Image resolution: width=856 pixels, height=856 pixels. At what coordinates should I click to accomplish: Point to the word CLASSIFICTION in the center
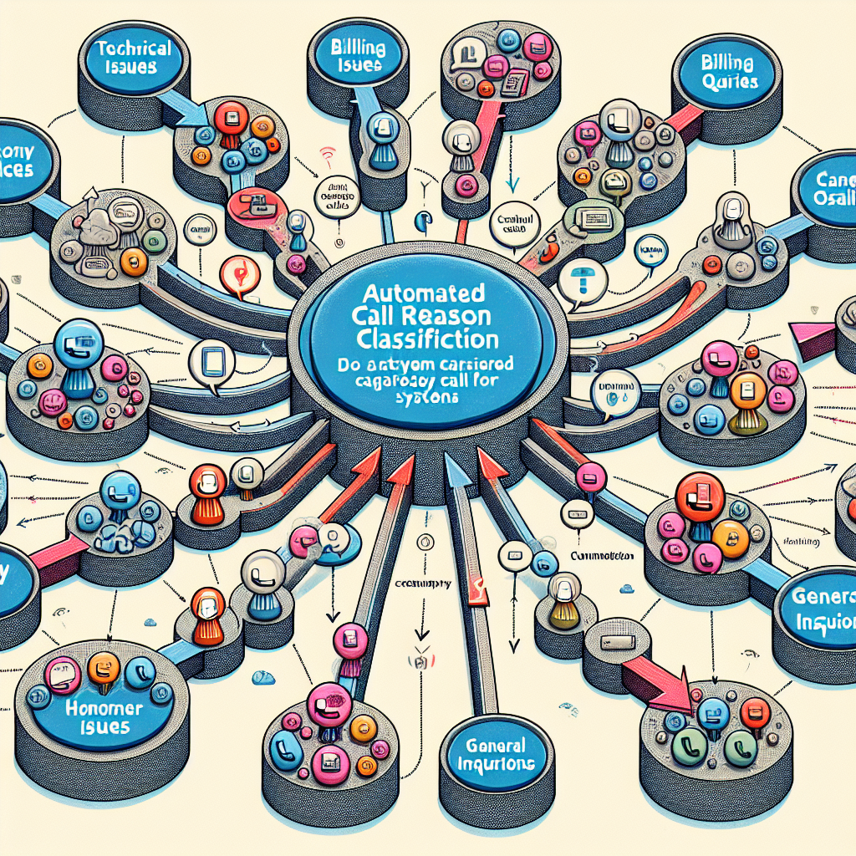point(427,339)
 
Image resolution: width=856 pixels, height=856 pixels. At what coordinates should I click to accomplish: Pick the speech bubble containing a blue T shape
point(578,283)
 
